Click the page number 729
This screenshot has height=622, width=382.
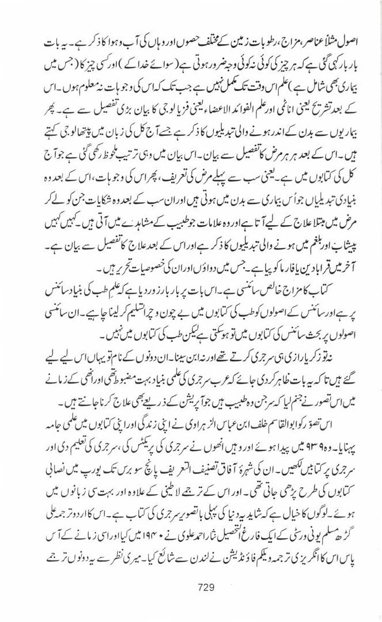[205, 587]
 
